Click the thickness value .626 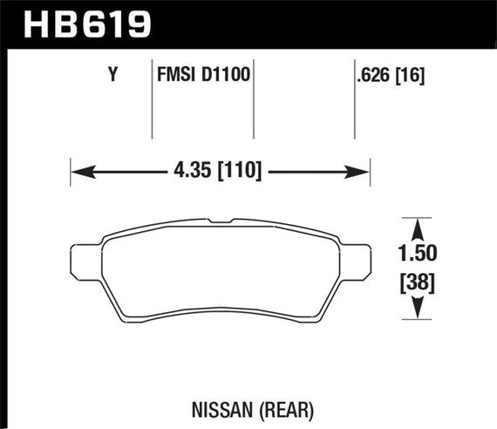[x=373, y=76]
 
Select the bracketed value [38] [x=419, y=283]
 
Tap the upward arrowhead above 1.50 [x=419, y=226]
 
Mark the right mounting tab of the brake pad [x=357, y=260]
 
